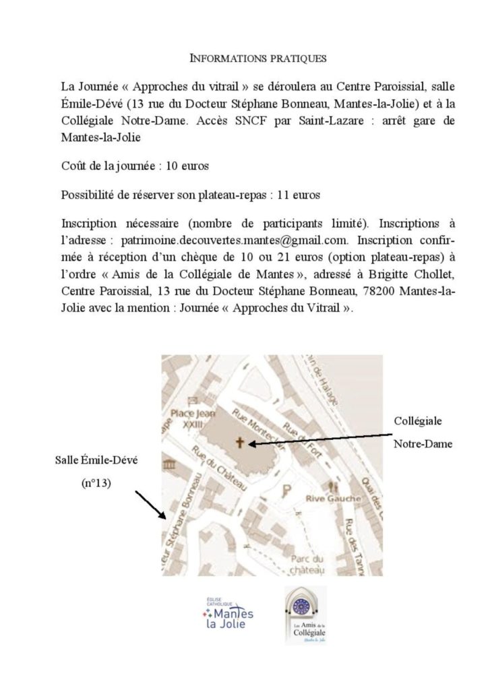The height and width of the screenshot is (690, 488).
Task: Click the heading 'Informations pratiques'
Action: (x=260, y=59)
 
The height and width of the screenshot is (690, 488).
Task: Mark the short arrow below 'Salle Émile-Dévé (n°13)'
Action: (x=150, y=505)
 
